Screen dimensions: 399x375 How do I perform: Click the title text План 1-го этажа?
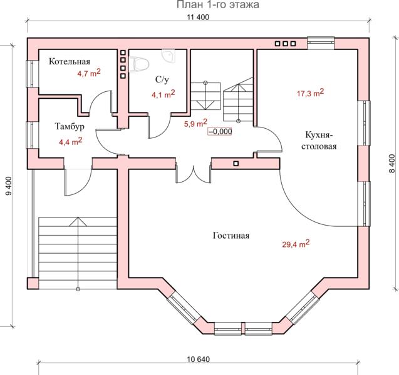(x=218, y=4)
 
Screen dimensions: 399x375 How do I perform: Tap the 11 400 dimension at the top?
(x=198, y=17)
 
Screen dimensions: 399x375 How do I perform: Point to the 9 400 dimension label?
(x=9, y=186)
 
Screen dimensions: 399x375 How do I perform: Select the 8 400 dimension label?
(x=392, y=164)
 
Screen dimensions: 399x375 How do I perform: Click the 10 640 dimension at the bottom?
(x=199, y=359)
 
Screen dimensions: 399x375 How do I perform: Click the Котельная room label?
(x=70, y=61)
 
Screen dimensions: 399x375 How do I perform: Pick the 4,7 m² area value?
(x=89, y=73)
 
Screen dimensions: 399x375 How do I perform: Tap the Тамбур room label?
(x=70, y=126)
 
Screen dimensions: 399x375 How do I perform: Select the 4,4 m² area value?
(x=71, y=141)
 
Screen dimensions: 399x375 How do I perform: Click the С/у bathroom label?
(x=162, y=80)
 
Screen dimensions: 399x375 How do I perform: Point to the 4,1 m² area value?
(x=163, y=94)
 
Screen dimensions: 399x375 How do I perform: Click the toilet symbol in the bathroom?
(x=138, y=64)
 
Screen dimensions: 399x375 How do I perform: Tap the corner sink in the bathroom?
(x=168, y=56)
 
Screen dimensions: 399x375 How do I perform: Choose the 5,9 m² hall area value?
(x=195, y=123)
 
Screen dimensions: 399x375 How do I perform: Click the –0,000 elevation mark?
(x=220, y=131)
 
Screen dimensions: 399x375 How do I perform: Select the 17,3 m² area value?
(x=311, y=93)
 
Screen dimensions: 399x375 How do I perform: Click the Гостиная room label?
(x=231, y=236)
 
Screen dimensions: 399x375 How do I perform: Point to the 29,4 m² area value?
(x=296, y=244)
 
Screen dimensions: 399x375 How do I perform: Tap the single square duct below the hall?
(x=236, y=164)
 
